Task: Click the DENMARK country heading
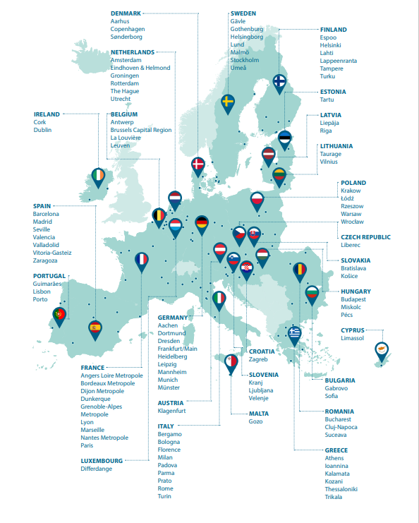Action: pyautogui.click(x=126, y=13)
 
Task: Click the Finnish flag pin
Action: pyautogui.click(x=280, y=83)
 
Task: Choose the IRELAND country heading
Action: pyautogui.click(x=47, y=114)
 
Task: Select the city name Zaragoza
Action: pyautogui.click(x=47, y=260)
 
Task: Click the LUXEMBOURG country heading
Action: pyautogui.click(x=102, y=460)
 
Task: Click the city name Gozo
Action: pyautogui.click(x=255, y=421)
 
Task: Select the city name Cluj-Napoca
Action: pyautogui.click(x=344, y=427)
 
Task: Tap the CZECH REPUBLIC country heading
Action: pyautogui.click(x=365, y=237)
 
